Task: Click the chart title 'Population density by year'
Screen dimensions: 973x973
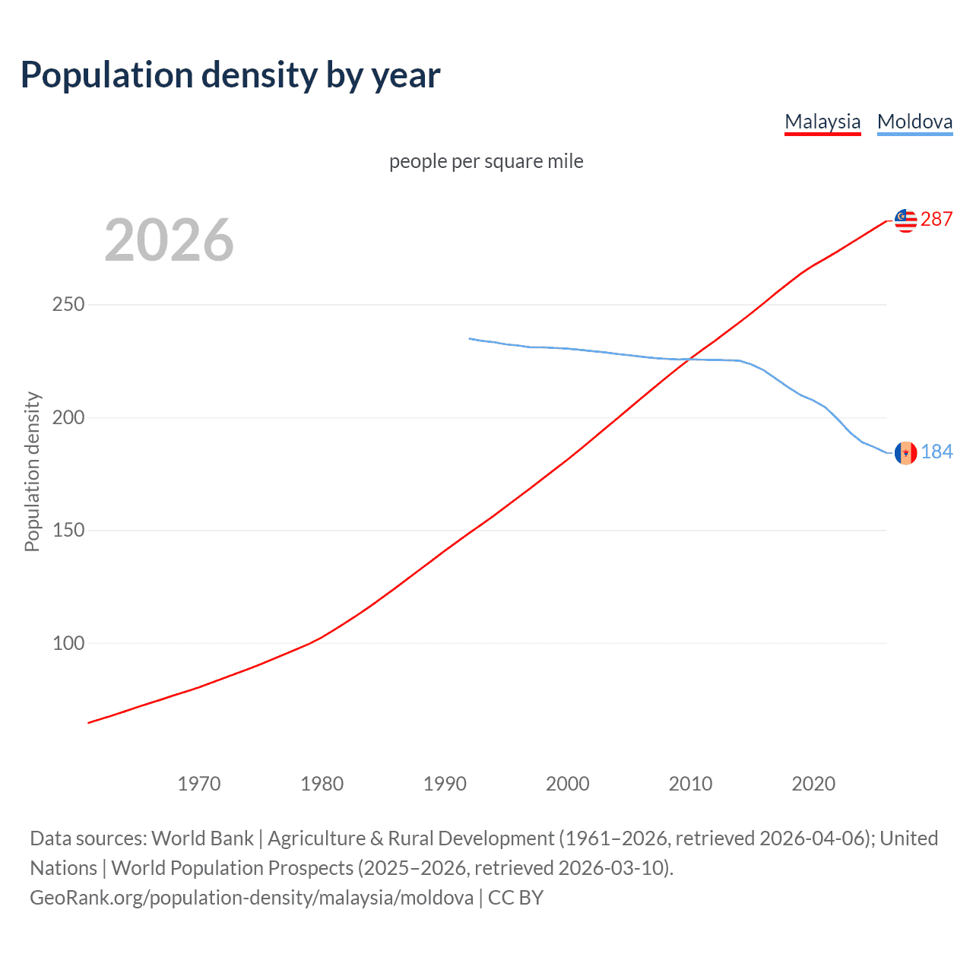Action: (x=230, y=75)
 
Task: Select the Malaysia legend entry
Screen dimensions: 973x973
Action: (x=822, y=122)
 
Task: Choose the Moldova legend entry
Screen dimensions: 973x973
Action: (x=914, y=122)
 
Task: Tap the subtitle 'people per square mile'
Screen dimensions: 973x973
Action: (x=486, y=161)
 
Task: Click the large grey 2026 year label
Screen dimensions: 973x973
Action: (x=169, y=240)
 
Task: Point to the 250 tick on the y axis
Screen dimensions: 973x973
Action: (x=68, y=305)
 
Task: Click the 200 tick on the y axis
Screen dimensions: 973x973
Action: (x=68, y=418)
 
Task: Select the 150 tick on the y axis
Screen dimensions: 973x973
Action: (x=68, y=531)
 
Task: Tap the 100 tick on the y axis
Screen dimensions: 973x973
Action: (x=68, y=644)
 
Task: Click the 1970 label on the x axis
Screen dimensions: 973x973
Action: (x=199, y=784)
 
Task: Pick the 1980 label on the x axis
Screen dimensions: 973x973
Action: (x=322, y=784)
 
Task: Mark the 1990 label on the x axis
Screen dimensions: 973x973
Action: (x=445, y=784)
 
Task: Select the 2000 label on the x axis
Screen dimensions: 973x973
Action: (x=568, y=784)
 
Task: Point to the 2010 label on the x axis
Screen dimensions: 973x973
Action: (x=690, y=784)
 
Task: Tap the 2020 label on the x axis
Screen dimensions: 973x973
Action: (x=813, y=784)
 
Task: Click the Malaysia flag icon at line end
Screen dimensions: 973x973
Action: (x=905, y=220)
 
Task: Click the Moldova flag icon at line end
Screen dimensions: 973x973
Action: (x=905, y=453)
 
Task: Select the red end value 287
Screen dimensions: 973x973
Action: (x=937, y=220)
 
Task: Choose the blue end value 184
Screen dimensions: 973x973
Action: (x=937, y=452)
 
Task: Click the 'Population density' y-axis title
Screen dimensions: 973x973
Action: (x=32, y=471)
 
